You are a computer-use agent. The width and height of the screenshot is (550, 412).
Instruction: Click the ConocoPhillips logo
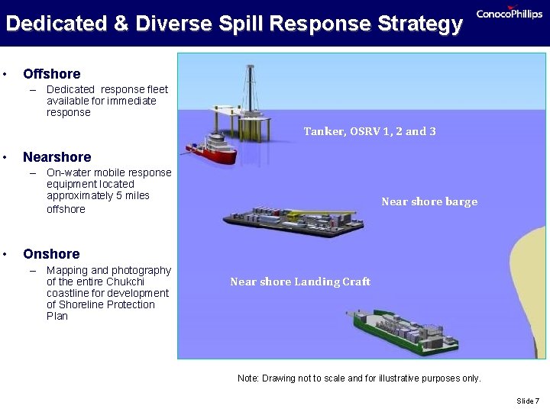[x=509, y=14]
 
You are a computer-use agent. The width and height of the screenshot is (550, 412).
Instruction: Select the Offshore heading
[x=51, y=74]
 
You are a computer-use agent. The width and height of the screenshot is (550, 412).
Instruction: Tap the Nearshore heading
[x=57, y=157]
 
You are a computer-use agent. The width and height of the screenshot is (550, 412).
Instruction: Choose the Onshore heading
[x=51, y=254]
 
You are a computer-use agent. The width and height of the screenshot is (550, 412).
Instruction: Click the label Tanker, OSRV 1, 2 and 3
[x=370, y=131]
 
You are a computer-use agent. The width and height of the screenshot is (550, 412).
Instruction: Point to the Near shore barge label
[x=429, y=201]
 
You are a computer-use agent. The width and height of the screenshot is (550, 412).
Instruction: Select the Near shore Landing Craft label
[x=299, y=282]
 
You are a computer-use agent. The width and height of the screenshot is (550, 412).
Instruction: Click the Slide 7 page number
[x=527, y=401]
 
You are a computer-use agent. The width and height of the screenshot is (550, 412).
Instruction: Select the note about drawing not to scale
[x=359, y=378]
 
